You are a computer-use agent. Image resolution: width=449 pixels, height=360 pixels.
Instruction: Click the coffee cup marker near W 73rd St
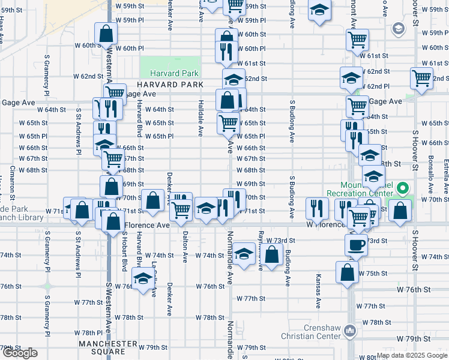[x=356, y=244]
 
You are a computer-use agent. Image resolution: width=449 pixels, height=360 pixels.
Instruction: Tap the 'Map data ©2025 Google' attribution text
[x=412, y=355]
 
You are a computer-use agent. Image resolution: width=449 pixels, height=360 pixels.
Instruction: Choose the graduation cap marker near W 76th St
[x=143, y=279]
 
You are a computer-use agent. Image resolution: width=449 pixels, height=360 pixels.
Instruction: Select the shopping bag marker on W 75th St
[x=348, y=272]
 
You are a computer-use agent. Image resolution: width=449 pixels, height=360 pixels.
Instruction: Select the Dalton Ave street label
[x=185, y=246]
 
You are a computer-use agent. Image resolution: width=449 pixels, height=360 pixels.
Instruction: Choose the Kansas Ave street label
[x=319, y=292]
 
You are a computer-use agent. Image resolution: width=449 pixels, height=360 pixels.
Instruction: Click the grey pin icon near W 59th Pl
[x=397, y=28]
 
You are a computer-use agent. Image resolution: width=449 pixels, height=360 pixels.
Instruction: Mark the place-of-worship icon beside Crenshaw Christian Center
[x=350, y=331]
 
